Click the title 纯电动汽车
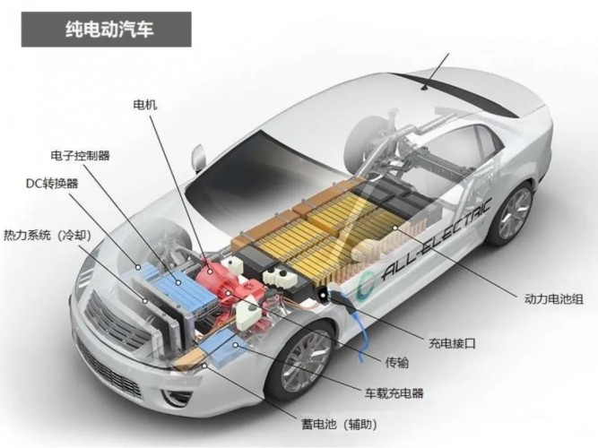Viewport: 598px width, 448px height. pos(109,30)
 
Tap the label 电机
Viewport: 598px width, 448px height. pos(145,105)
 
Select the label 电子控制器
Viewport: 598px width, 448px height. pos(80,156)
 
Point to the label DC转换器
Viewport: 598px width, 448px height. pos(52,184)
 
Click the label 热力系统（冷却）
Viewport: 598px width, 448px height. pos(48,236)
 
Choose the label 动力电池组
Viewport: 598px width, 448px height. pos(554,298)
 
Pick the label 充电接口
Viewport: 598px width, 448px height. pos(453,343)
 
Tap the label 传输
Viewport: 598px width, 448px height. pos(397,363)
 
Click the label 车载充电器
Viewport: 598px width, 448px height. pos(394,393)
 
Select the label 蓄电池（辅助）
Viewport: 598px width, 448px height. pos(340,424)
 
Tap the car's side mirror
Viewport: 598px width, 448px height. pos(199,158)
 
